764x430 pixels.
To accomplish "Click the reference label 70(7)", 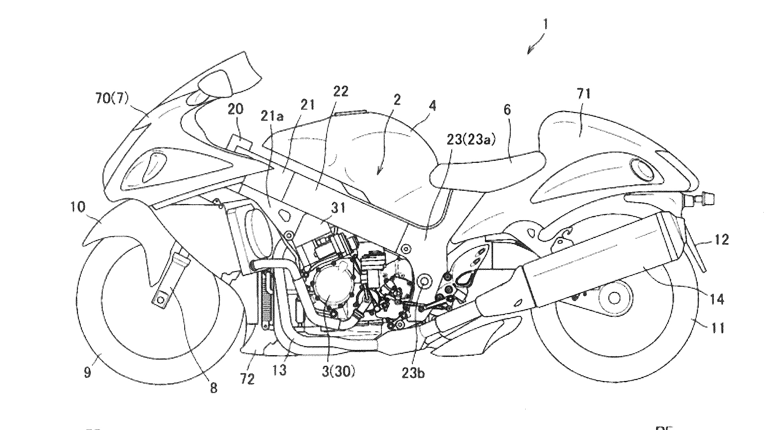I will (x=112, y=98).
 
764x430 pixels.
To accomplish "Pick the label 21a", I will (x=272, y=117).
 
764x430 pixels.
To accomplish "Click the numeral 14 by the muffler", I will (x=717, y=299).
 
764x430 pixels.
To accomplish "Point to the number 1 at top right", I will (x=545, y=25).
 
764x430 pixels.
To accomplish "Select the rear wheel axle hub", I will (x=615, y=298).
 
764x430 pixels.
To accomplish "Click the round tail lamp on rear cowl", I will (x=640, y=169).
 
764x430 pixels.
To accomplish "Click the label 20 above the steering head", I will (x=235, y=109).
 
